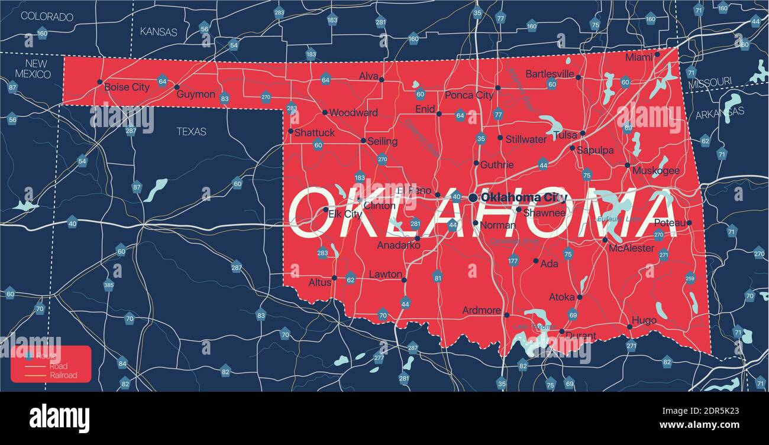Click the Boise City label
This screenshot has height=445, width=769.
pos(127,87)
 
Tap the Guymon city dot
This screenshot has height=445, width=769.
pos(176,87)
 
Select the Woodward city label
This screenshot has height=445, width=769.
pos(353,112)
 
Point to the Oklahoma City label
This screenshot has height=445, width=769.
pos(524,197)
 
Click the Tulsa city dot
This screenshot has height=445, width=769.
pos(583,133)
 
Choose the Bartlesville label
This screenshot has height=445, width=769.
pos(550,74)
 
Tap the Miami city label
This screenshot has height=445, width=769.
pos(639,58)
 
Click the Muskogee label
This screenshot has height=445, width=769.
pos(655,170)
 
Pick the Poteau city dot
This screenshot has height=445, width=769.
pos(689,223)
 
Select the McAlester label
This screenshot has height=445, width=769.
pos(631,248)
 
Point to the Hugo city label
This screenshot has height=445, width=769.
pos(644,320)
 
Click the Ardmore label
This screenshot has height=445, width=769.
pos(482,310)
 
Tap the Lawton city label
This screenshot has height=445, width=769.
pos(385,274)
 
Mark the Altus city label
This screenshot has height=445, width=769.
pos(320,282)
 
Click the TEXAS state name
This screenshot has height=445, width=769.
pos(192,131)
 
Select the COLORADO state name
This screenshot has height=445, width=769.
pos(47,17)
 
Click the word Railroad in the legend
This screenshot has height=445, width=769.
pos(63,375)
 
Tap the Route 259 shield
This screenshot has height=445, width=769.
pos(690,279)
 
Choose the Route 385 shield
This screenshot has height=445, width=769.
pos(109,285)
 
